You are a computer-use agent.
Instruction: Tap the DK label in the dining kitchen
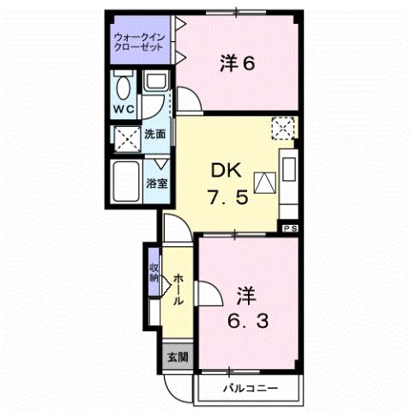point(229,169)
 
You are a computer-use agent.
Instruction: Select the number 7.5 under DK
point(229,196)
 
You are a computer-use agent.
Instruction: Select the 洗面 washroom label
point(156,134)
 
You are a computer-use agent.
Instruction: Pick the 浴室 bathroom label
point(155,183)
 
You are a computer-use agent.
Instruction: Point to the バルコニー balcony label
point(250,389)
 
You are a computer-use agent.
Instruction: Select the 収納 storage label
point(154,272)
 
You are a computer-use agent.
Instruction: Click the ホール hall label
point(177,290)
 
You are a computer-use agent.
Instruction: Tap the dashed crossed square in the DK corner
point(283,129)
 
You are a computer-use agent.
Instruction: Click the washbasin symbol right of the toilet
point(155,83)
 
